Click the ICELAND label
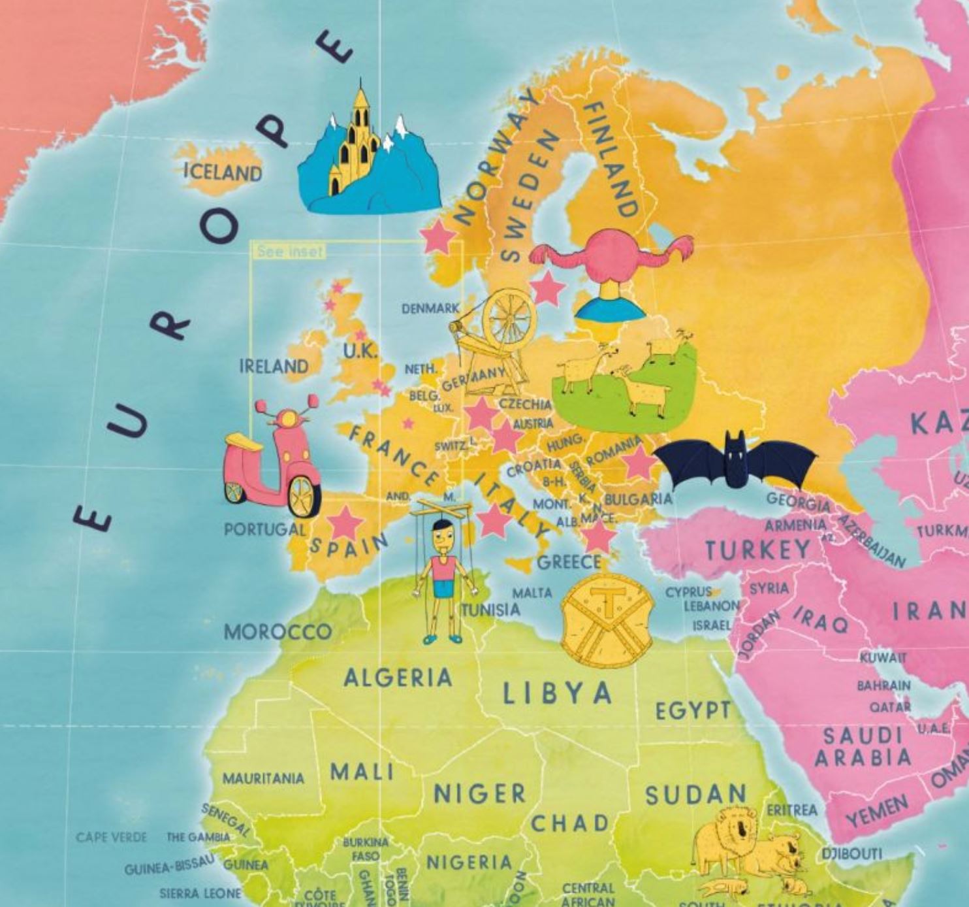pyautogui.click(x=223, y=172)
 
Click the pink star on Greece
pyautogui.click(x=598, y=536)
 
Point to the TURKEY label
pyautogui.click(x=757, y=550)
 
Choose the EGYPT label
pyautogui.click(x=693, y=710)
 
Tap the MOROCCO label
pyautogui.click(x=278, y=632)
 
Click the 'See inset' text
pyautogui.click(x=290, y=251)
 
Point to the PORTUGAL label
pyautogui.click(x=264, y=529)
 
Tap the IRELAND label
pyautogui.click(x=274, y=366)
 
